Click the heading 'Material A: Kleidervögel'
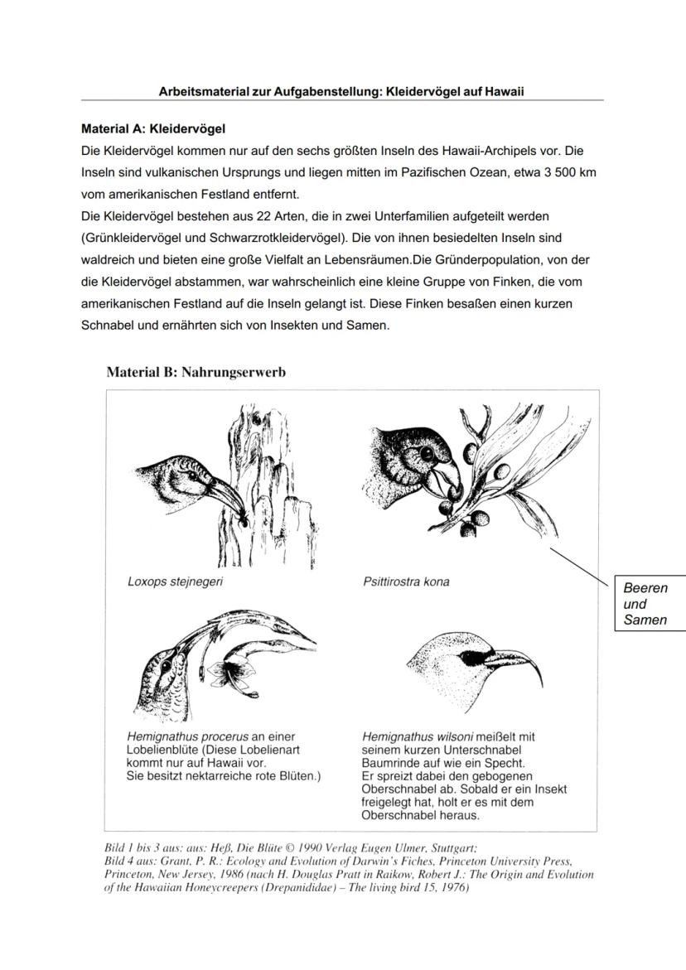pos(153,129)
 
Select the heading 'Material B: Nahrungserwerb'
pos(196,372)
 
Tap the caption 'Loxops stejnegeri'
pos(175,582)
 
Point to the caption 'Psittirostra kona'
pos(406,582)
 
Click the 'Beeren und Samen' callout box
pos(650,604)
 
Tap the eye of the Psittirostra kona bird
pos(428,455)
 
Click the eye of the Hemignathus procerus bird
pos(167,665)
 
